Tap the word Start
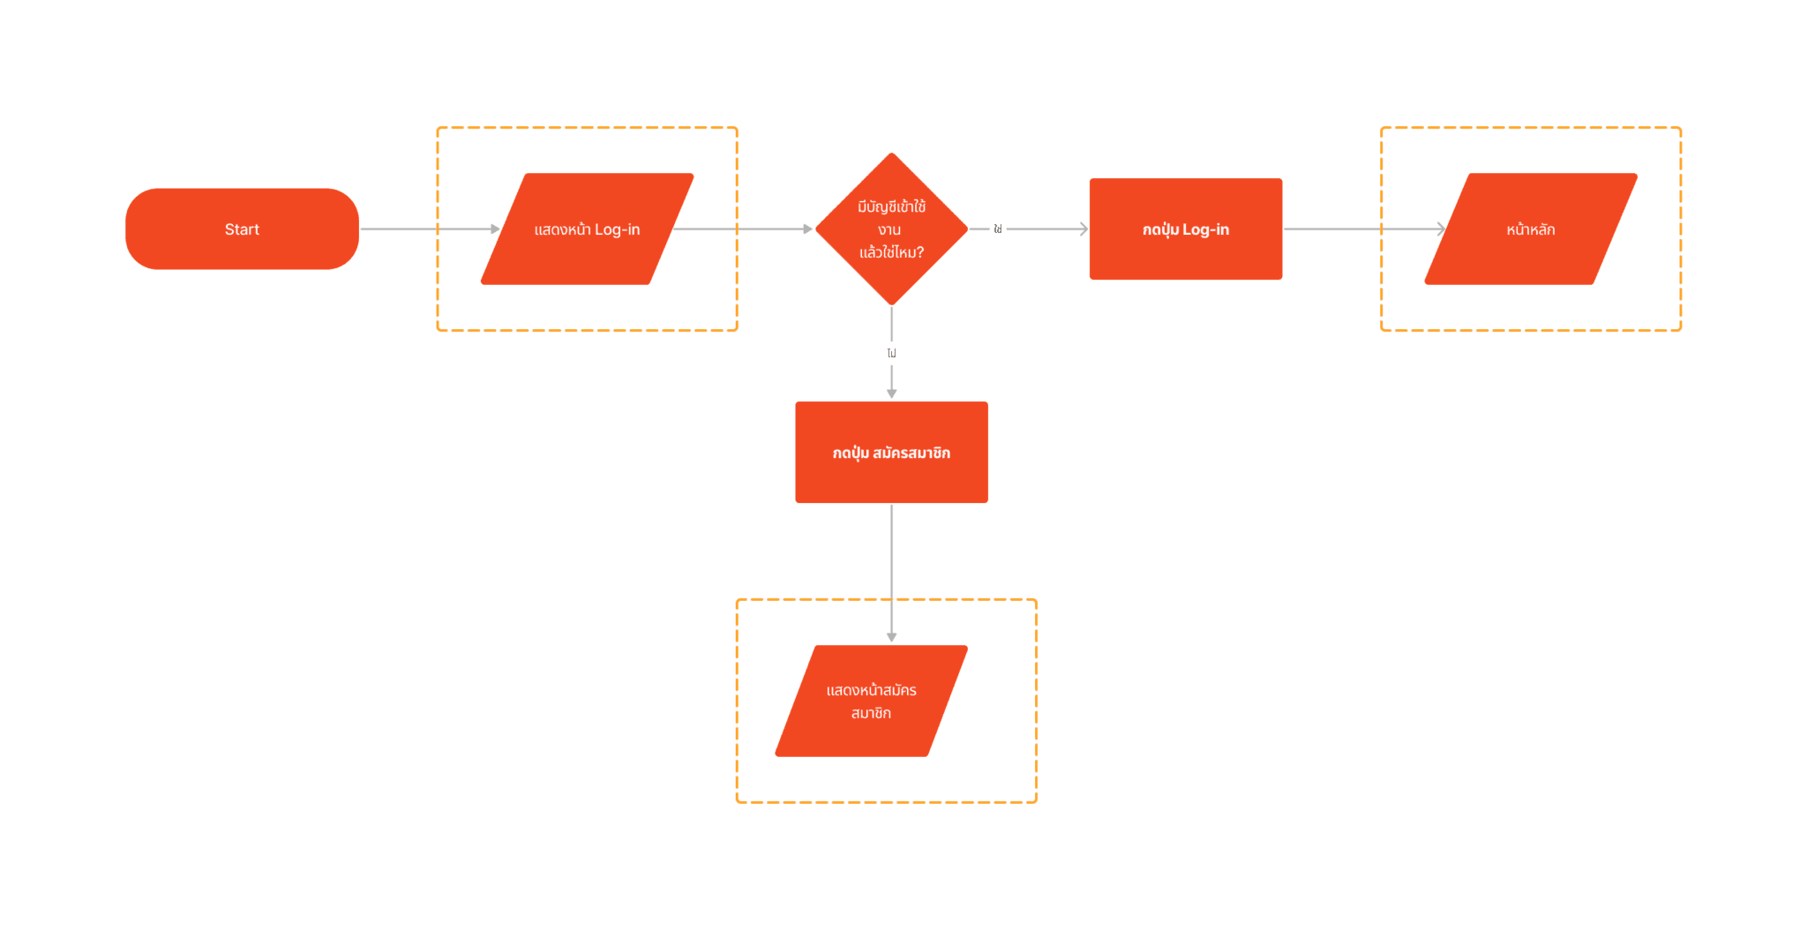(x=242, y=229)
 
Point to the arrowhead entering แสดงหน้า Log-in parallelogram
(x=496, y=229)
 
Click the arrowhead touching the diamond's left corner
(x=807, y=229)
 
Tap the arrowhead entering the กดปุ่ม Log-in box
(x=1083, y=229)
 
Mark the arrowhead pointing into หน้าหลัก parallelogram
(x=1441, y=229)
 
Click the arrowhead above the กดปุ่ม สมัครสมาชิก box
(x=892, y=394)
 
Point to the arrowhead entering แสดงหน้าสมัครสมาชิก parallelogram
(x=892, y=637)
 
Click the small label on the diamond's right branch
(x=998, y=229)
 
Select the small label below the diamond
(x=892, y=353)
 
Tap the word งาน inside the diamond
(x=889, y=230)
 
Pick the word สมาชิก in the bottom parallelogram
(x=871, y=713)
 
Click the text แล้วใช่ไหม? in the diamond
(x=891, y=252)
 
